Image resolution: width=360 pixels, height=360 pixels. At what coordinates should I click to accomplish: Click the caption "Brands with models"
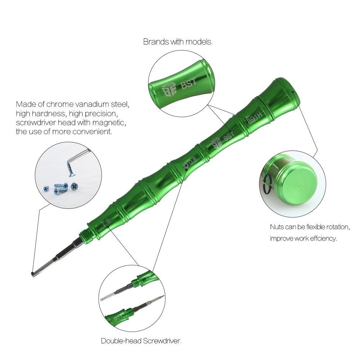(177, 42)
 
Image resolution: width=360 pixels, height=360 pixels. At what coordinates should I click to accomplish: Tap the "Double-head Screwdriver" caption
(140, 341)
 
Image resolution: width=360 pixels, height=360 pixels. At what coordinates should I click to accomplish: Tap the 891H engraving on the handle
(255, 117)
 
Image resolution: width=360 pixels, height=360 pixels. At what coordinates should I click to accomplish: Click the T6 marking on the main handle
(106, 222)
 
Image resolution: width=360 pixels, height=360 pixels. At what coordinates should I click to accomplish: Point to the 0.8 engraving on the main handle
(190, 163)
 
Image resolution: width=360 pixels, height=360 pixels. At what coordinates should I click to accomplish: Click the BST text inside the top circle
(189, 83)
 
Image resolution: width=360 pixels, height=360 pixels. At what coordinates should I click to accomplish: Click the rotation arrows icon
(267, 184)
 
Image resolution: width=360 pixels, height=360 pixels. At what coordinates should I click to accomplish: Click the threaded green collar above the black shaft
(85, 235)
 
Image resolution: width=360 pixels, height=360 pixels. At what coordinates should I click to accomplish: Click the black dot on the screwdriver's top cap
(293, 91)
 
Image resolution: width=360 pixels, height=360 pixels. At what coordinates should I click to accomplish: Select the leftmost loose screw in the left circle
(46, 189)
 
